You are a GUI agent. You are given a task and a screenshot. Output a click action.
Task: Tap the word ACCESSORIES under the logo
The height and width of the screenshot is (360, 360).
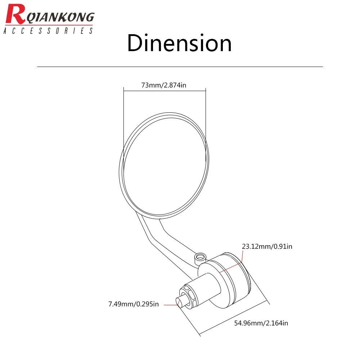(x=48, y=31)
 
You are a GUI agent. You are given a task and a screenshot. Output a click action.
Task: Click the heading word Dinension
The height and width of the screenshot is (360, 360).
(x=179, y=43)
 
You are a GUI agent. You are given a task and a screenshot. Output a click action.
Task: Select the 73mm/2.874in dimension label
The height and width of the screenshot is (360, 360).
(x=164, y=85)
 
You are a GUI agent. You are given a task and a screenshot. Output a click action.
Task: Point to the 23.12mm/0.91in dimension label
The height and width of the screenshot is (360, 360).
(x=267, y=246)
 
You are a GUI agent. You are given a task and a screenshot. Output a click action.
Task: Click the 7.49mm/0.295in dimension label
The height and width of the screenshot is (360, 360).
(x=134, y=304)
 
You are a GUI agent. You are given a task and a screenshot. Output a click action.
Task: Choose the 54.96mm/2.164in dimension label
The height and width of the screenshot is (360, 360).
(x=261, y=323)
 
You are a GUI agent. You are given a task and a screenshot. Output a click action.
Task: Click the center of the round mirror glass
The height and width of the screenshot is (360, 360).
(x=165, y=166)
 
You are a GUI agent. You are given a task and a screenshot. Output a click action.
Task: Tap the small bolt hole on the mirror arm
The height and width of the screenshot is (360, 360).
(x=200, y=257)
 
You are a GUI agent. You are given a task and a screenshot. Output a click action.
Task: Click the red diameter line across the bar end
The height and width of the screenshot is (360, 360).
(x=231, y=267)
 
